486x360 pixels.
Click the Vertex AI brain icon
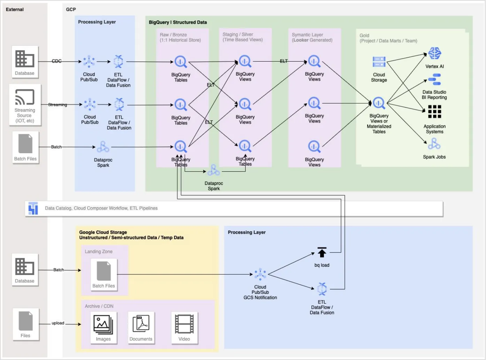pyautogui.click(x=434, y=53)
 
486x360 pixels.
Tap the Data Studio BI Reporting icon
pyautogui.click(x=434, y=80)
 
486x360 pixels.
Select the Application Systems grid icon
pyautogui.click(x=434, y=112)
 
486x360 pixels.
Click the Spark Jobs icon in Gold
pyautogui.click(x=434, y=143)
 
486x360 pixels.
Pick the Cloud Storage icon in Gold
pyautogui.click(x=379, y=62)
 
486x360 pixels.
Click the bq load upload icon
pyautogui.click(x=322, y=252)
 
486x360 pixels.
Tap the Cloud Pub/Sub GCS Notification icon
pyautogui.click(x=260, y=274)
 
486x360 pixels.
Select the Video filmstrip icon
pyautogui.click(x=184, y=324)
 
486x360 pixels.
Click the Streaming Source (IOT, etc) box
pyautogui.click(x=25, y=105)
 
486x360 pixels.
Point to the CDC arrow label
pyautogui.click(x=56, y=61)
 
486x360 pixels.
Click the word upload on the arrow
pyautogui.click(x=58, y=323)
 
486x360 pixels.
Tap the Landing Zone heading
pyautogui.click(x=99, y=251)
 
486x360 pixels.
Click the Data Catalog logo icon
pyautogui.click(x=33, y=208)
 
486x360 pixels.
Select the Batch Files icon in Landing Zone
pyautogui.click(x=103, y=271)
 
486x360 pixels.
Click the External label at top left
pyautogui.click(x=15, y=9)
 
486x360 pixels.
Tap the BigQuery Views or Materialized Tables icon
pyautogui.click(x=379, y=103)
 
